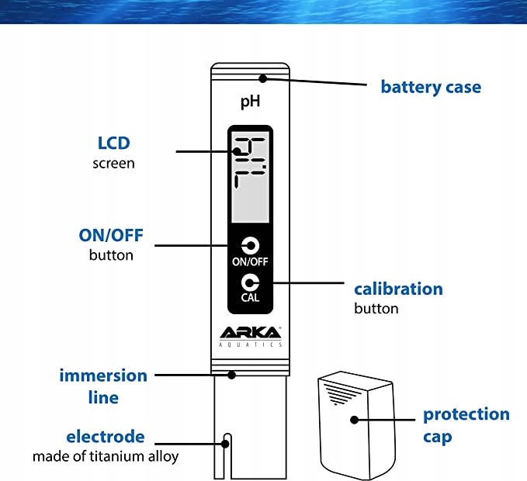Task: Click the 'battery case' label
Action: click(x=430, y=86)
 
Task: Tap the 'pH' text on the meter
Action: click(x=249, y=101)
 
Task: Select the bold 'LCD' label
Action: click(x=113, y=144)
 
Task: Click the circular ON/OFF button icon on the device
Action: click(x=250, y=246)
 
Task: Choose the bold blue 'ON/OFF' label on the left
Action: click(x=111, y=236)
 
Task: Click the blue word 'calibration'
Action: click(x=398, y=289)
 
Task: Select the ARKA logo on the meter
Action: click(x=250, y=332)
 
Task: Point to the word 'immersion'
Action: click(x=103, y=375)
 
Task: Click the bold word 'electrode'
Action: click(x=105, y=436)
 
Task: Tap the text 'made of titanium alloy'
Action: click(x=105, y=456)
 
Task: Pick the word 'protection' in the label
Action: click(x=466, y=414)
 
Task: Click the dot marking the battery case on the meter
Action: click(x=264, y=78)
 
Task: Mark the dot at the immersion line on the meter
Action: click(x=231, y=375)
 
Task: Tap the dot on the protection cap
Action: click(x=354, y=420)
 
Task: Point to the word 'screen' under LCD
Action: click(x=113, y=163)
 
